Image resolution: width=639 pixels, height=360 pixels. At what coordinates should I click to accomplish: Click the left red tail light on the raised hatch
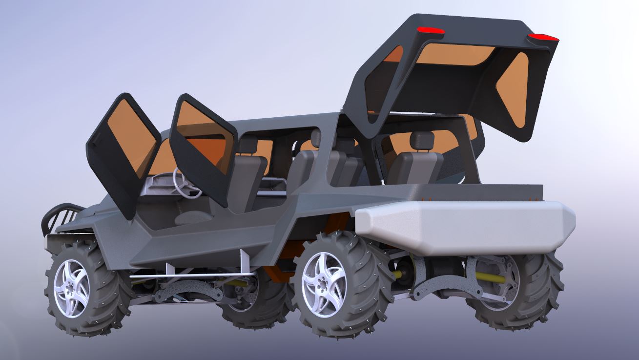click(429, 31)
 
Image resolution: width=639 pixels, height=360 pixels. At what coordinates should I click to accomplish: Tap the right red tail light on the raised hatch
click(543, 37)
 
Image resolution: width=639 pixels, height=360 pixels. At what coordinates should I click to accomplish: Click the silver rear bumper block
click(464, 227)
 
